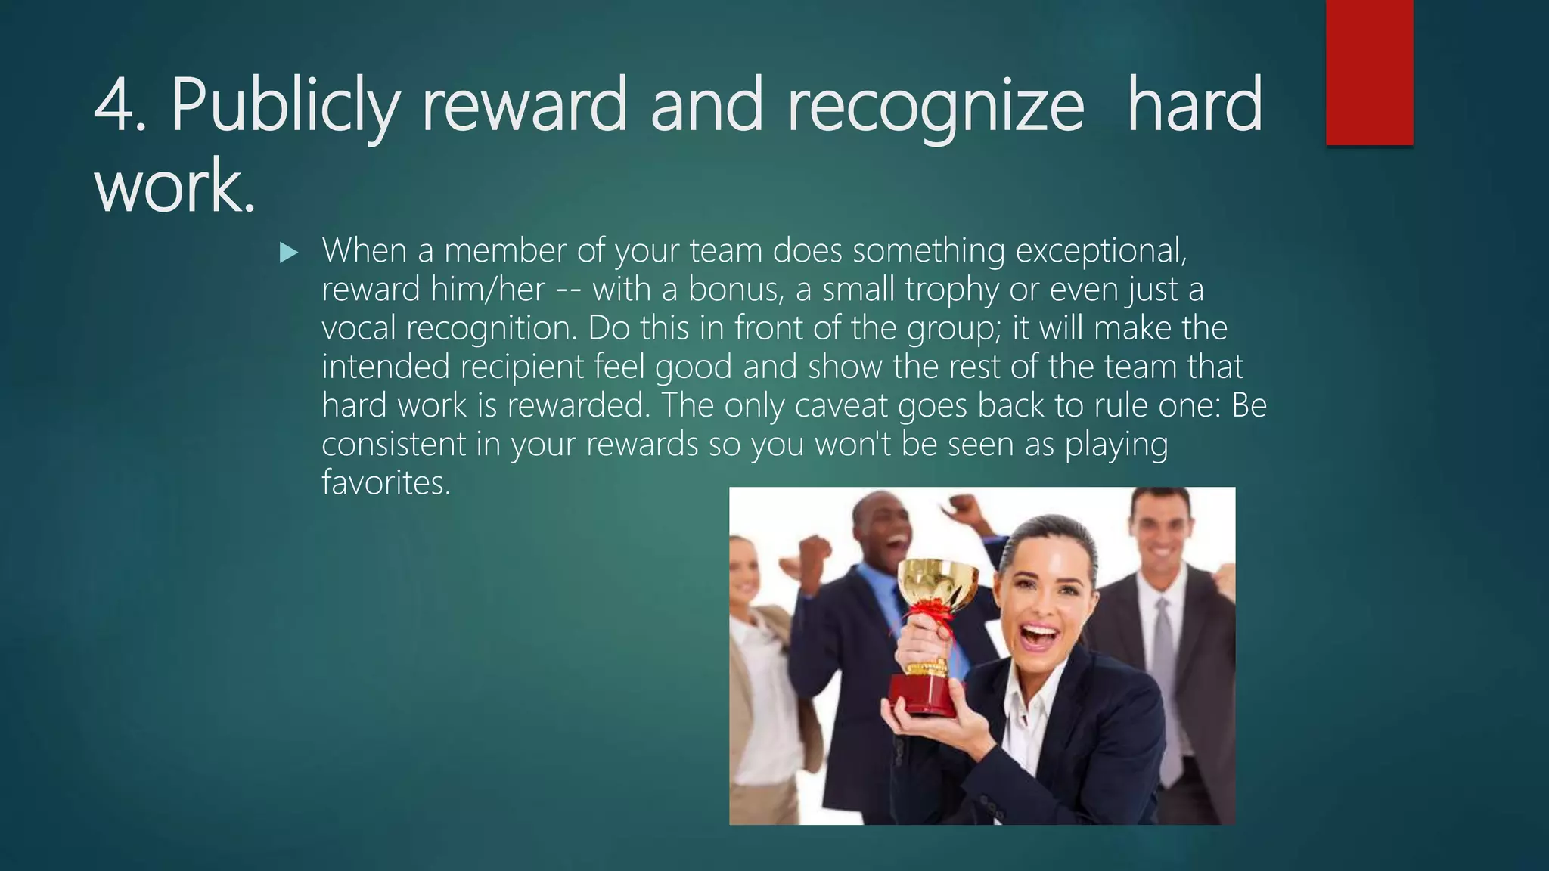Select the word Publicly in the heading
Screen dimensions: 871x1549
(x=284, y=106)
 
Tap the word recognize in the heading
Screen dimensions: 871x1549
(x=936, y=106)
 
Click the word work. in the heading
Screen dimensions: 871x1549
(x=175, y=186)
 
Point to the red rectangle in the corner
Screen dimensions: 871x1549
(x=1369, y=72)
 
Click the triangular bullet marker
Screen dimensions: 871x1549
(x=288, y=253)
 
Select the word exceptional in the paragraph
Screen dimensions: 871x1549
(x=1100, y=251)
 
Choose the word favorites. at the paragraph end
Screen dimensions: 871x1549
(x=386, y=482)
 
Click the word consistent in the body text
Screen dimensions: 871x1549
(x=393, y=444)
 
